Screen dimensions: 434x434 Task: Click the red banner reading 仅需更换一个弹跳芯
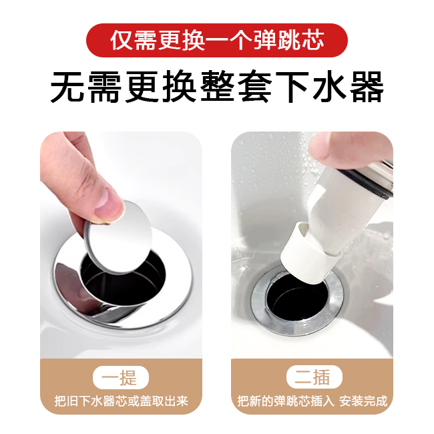(x=217, y=41)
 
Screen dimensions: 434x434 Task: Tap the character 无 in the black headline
(x=67, y=87)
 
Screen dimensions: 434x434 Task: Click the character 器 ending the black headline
(x=367, y=87)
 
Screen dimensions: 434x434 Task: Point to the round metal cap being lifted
(x=119, y=236)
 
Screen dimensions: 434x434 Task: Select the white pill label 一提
(x=121, y=377)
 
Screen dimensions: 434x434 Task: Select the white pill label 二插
(x=314, y=377)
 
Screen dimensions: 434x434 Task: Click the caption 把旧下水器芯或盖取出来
(x=122, y=401)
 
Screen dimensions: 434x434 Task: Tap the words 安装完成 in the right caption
(x=363, y=401)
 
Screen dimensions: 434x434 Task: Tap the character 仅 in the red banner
(x=122, y=41)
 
